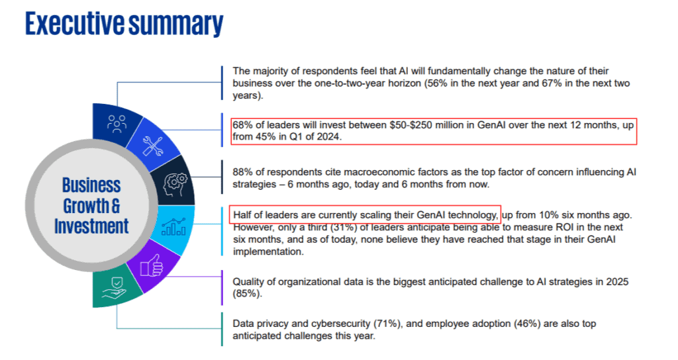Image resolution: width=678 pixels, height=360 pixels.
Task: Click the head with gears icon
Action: pyautogui.click(x=175, y=179)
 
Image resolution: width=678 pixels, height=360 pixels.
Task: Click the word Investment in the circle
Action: pyautogui.click(x=91, y=226)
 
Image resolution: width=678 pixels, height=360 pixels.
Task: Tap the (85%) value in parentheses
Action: pyautogui.click(x=246, y=294)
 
